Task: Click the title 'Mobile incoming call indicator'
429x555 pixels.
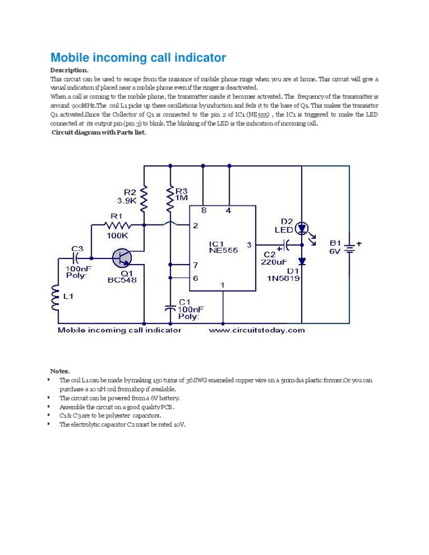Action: [138, 58]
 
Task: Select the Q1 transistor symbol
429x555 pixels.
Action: [122, 258]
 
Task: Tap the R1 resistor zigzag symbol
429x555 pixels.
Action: [118, 226]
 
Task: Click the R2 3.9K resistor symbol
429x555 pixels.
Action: [145, 199]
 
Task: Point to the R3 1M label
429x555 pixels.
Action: [182, 194]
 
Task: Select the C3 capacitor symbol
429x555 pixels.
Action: [77, 258]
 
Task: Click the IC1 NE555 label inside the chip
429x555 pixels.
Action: [223, 247]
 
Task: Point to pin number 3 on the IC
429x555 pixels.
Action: [249, 245]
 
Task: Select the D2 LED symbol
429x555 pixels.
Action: [302, 228]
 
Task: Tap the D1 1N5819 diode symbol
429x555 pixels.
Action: [302, 261]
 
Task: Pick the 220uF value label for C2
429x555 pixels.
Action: [274, 260]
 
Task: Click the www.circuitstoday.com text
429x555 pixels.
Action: [257, 330]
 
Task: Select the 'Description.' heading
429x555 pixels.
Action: [69, 70]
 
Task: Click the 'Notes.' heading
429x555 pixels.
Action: [60, 371]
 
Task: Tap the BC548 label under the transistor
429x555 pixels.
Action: [122, 280]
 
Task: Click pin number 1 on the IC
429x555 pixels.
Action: [222, 285]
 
